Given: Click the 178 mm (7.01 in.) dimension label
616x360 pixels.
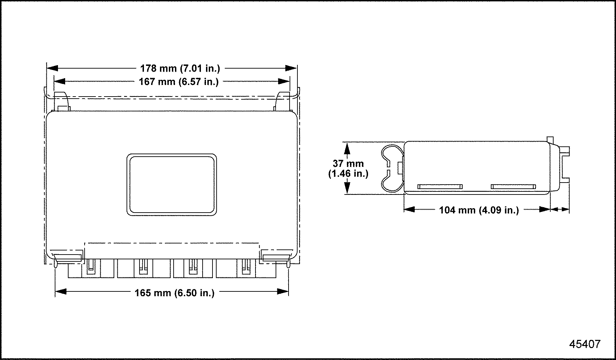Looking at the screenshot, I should coord(180,69).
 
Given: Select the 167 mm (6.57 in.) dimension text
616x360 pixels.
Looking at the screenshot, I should coord(179,82).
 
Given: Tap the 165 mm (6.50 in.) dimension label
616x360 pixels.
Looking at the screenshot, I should coord(175,293).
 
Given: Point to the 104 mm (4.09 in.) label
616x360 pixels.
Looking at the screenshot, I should coord(479,210).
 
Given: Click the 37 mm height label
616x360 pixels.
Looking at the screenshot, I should coord(348,163).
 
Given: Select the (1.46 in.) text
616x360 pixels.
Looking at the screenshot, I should coord(348,174).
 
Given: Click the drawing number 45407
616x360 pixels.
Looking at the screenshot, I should coord(585,344).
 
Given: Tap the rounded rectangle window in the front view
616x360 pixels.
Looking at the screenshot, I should coord(172,185).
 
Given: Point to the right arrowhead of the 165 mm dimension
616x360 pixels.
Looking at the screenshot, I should coord(283,291).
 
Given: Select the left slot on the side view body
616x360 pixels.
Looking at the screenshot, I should coord(440,186).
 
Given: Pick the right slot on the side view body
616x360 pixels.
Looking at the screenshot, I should coord(513,186).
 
